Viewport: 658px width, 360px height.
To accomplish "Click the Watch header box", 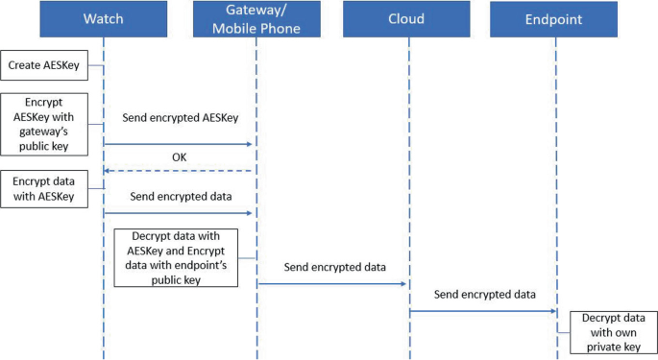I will [104, 18].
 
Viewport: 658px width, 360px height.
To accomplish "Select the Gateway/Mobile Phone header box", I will [256, 18].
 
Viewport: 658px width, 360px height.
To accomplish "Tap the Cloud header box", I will [408, 18].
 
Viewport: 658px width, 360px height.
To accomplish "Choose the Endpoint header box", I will [554, 18].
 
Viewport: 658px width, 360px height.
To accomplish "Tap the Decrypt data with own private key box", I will [613, 331].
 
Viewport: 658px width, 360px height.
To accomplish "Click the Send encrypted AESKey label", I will [179, 118].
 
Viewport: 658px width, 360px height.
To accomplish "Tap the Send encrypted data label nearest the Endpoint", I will [483, 294].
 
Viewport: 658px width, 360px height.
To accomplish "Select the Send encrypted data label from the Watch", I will [179, 197].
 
